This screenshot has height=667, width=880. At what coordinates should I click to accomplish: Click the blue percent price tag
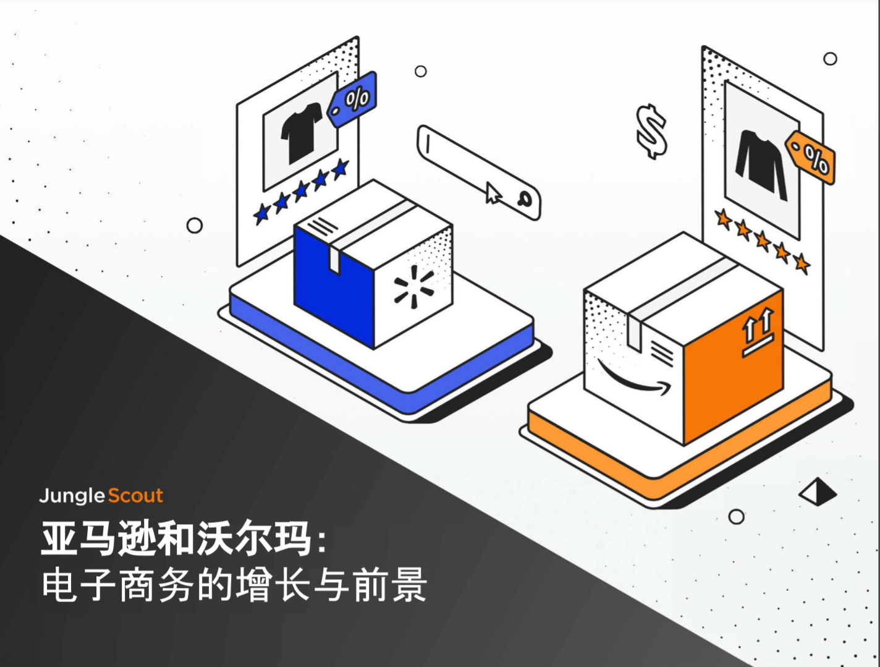352,99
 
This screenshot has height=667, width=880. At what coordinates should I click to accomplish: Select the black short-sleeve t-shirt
302,133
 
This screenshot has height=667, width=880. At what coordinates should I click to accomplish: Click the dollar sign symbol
651,132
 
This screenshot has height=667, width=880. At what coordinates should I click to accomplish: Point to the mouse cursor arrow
493,193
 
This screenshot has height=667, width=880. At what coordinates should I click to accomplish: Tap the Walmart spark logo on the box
414,287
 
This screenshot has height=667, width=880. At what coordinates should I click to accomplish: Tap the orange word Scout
135,495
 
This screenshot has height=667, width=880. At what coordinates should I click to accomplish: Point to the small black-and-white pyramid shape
818,491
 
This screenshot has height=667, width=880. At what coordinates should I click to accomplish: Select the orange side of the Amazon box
733,367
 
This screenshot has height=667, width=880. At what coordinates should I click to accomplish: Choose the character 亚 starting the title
59,539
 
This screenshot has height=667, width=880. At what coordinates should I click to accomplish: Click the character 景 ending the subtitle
409,585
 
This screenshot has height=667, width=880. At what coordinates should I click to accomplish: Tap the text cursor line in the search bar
428,144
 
